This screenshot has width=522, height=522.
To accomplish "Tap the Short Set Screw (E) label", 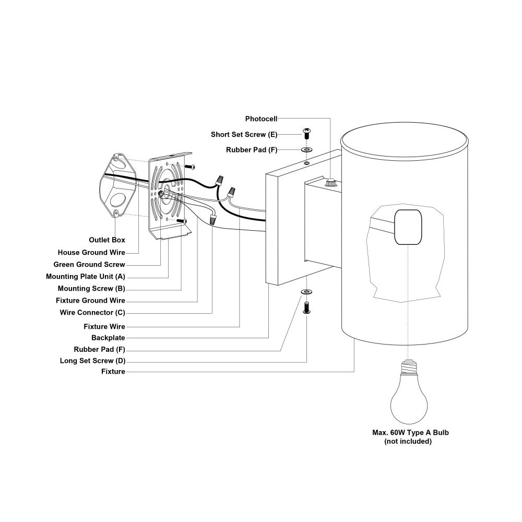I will (244, 135).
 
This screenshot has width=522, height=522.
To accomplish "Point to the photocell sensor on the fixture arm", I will (330, 182).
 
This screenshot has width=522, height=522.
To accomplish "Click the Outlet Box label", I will (106, 240).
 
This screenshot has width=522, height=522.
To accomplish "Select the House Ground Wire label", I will (91, 253).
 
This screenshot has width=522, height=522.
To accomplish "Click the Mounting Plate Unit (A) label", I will (85, 277).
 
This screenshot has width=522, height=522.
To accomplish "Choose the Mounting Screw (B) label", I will (91, 289).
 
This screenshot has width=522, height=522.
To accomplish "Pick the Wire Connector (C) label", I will (92, 313).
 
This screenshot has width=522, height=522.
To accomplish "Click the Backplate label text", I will (108, 338).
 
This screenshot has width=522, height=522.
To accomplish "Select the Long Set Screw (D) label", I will (92, 361).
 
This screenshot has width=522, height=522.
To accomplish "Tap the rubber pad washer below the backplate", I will (306, 290).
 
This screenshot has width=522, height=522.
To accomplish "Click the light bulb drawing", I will (409, 391).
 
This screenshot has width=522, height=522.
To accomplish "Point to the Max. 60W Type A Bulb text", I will (410, 433).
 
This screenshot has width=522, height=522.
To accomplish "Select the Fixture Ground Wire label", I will (90, 301).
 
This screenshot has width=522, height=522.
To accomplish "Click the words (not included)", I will (408, 442).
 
